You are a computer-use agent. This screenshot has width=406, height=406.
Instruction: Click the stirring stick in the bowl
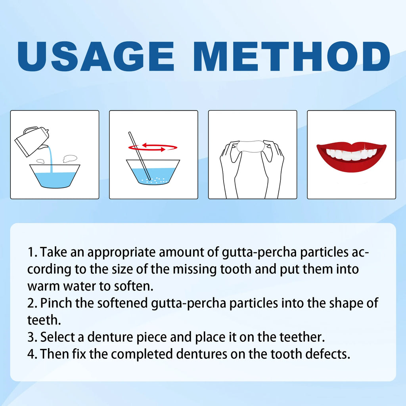pos(139,155)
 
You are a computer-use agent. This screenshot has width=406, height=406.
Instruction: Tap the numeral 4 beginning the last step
pos(31,354)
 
